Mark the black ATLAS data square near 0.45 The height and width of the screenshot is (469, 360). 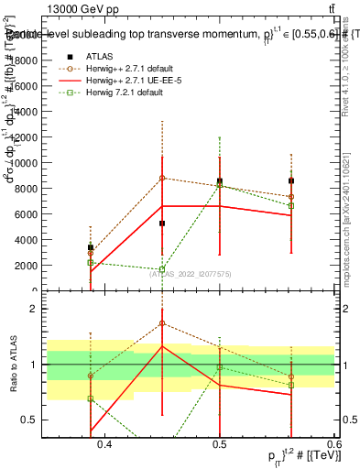(162, 224)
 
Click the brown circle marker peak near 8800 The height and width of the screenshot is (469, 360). (162, 178)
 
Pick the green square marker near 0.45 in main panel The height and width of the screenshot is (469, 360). (162, 269)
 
